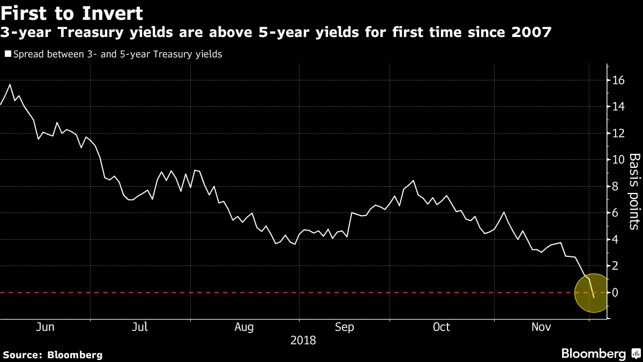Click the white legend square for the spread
pyautogui.click(x=7, y=54)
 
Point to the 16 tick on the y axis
pyautogui.click(x=618, y=80)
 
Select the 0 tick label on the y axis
pyautogui.click(x=615, y=293)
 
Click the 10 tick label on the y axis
pyautogui.click(x=618, y=160)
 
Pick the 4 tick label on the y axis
pyautogui.click(x=615, y=240)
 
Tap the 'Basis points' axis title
pyautogui.click(x=634, y=191)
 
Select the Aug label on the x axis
pyautogui.click(x=244, y=327)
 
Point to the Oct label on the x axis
pyautogui.click(x=441, y=327)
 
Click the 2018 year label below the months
pyautogui.click(x=303, y=341)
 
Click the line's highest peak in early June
pyautogui.click(x=10, y=85)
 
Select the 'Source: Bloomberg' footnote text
pyautogui.click(x=52, y=354)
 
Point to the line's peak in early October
pyautogui.click(x=414, y=181)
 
